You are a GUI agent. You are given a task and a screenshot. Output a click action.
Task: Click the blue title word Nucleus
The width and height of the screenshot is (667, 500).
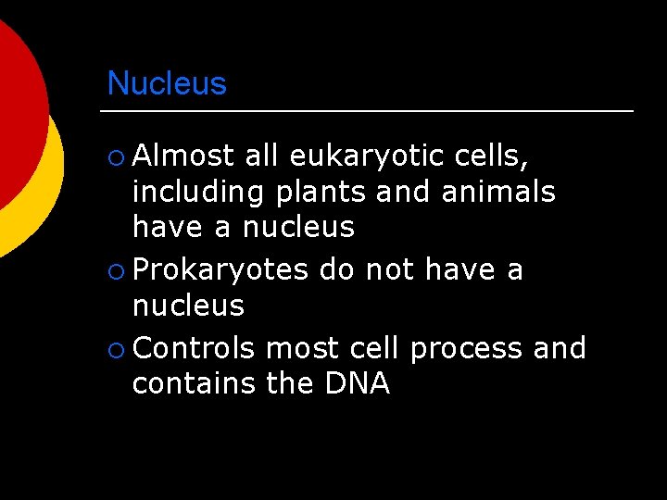167,83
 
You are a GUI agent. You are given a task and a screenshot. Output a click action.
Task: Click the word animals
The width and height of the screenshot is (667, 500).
498,192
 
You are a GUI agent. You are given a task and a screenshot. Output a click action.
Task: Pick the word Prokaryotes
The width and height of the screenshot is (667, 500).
220,270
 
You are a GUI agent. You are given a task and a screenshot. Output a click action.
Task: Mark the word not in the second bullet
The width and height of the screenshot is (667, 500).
391,269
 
